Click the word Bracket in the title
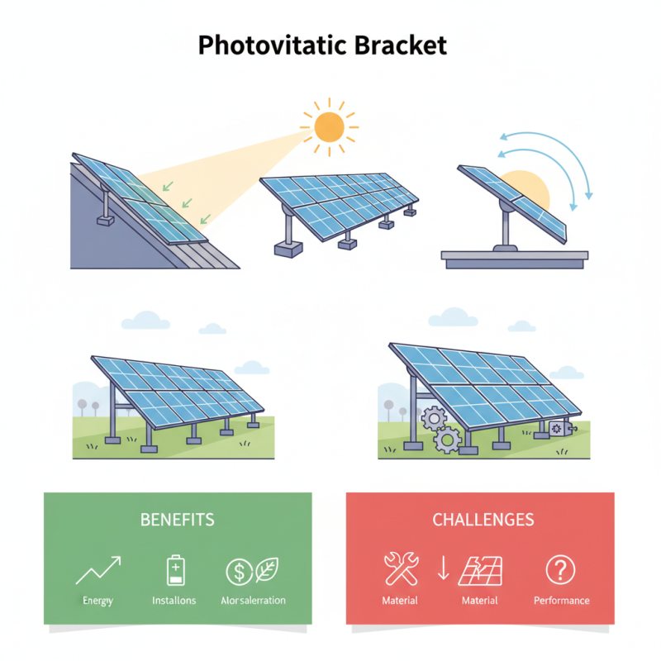pyautogui.click(x=401, y=45)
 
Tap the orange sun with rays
pyautogui.click(x=329, y=126)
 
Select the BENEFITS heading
pyautogui.click(x=178, y=520)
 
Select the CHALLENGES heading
pyautogui.click(x=483, y=520)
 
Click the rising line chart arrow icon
pyautogui.click(x=98, y=570)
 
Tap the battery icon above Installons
pyautogui.click(x=175, y=570)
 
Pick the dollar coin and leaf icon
pyautogui.click(x=252, y=570)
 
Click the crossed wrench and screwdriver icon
pyautogui.click(x=402, y=569)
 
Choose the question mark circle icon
pyautogui.click(x=561, y=569)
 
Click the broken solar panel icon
pyautogui.click(x=482, y=569)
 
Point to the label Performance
pyautogui.click(x=562, y=601)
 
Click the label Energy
pyautogui.click(x=98, y=601)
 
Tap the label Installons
pyautogui.click(x=174, y=601)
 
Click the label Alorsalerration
pyautogui.click(x=253, y=601)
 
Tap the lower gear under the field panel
pyautogui.click(x=447, y=440)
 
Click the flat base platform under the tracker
pyautogui.click(x=514, y=259)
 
